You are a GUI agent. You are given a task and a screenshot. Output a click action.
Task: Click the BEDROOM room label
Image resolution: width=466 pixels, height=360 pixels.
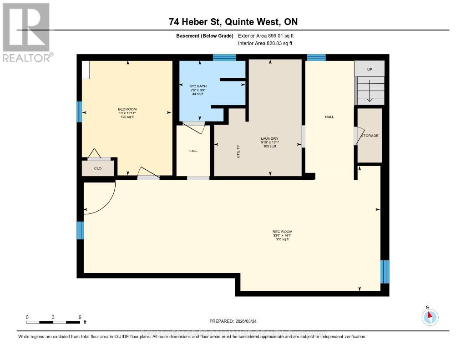[x=127, y=109]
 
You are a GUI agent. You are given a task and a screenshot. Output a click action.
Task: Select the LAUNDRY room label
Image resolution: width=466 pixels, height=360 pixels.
[x=269, y=138]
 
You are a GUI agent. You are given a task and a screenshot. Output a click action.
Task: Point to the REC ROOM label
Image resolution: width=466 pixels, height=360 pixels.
[x=283, y=232]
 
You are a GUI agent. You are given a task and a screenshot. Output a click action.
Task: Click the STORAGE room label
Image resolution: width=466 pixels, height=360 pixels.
[x=370, y=136]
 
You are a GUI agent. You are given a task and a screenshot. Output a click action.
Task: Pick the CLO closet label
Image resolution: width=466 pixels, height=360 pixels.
[x=97, y=168]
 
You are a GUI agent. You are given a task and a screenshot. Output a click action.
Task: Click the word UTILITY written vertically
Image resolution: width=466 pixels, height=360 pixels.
[x=238, y=151]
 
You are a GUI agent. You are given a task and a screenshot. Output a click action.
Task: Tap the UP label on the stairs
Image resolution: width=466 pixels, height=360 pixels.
[x=370, y=69]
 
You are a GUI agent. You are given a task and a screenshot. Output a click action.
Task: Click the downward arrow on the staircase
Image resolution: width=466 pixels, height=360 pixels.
[x=370, y=91]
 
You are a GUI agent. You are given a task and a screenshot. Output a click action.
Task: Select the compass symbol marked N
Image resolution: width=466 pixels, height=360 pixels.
[x=430, y=316]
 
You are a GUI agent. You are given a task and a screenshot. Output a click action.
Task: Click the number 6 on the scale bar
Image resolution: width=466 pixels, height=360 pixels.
[x=80, y=317]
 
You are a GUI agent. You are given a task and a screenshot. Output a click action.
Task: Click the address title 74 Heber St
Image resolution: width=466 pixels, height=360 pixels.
[x=233, y=22]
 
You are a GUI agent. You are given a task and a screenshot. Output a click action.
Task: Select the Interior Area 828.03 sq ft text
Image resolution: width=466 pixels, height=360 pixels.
[x=265, y=43]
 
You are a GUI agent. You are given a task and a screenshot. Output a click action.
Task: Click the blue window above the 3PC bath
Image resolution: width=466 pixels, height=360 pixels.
[x=224, y=57]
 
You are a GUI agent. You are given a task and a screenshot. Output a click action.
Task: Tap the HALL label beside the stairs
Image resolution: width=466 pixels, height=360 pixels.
[x=329, y=117]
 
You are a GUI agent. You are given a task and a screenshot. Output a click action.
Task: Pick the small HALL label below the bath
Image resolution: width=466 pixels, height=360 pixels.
[x=193, y=151]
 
